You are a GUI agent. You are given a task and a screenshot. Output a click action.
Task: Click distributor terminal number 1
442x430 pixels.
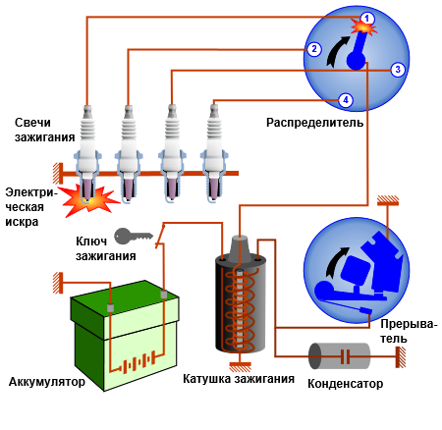coord(367,19)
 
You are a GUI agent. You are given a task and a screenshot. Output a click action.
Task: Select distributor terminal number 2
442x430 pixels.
coord(314,49)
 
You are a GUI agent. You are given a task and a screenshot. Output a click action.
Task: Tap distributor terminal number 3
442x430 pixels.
coord(398,70)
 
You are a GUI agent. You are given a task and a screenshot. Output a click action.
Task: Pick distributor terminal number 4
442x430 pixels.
coord(346,100)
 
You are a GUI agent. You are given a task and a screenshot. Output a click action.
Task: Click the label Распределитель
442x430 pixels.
coord(314,123)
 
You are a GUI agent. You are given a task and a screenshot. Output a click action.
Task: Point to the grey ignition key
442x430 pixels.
coord(134,236)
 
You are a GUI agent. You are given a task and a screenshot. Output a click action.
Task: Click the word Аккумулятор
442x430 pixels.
coord(47,382)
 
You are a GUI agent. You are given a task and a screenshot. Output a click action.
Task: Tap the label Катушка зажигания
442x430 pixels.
coord(239,379)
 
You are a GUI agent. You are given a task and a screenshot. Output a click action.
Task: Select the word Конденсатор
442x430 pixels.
coord(345,384)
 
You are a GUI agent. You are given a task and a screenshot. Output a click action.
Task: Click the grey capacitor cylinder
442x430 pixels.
coord(340,356)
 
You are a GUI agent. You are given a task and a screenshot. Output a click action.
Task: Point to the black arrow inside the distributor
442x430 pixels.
coord(337,52)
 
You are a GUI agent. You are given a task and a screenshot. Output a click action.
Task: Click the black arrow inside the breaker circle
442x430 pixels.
coord(337,263)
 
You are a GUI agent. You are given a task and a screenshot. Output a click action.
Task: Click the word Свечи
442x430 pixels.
coord(32,123)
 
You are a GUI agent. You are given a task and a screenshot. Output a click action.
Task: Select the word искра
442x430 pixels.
coord(22,222)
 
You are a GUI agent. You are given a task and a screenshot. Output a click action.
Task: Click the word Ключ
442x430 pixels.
coord(91,242)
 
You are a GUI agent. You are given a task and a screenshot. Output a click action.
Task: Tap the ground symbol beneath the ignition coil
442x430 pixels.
coord(240,367)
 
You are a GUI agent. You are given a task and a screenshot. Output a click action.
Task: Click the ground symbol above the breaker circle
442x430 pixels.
coord(388,200)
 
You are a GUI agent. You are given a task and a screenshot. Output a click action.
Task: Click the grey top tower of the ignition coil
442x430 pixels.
coord(240,248)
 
